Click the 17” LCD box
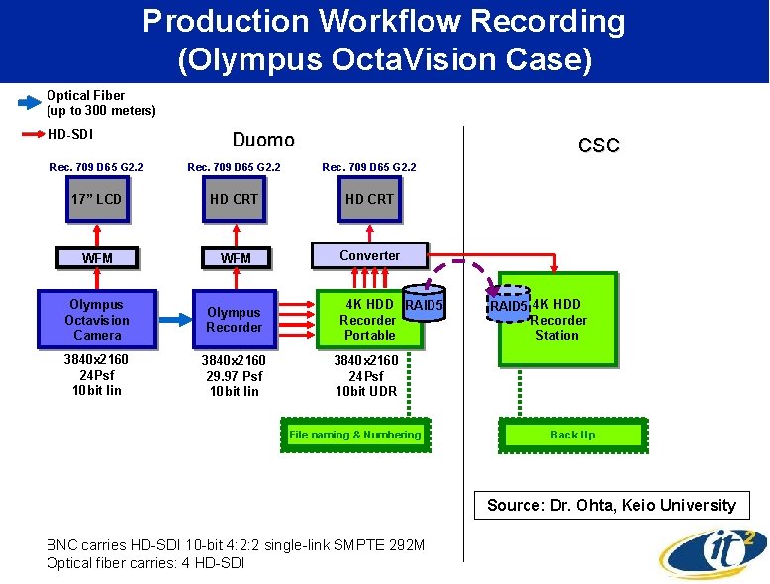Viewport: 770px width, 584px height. point(97,199)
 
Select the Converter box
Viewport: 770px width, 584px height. point(370,255)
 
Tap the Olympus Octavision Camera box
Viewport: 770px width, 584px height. point(97,320)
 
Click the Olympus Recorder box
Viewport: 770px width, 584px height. point(235,320)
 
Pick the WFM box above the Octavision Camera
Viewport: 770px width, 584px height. point(97,258)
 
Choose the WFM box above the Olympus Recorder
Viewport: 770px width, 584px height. point(235,258)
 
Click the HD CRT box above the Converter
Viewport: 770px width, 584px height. point(369,199)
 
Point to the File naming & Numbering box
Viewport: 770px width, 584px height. point(355,435)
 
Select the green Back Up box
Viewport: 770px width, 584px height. point(573,435)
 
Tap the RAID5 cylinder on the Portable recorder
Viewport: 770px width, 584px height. point(424,307)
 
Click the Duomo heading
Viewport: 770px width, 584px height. point(263,140)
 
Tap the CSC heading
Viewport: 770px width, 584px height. point(598,146)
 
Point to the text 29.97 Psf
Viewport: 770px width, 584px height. point(235,376)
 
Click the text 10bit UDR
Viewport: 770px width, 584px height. point(366,391)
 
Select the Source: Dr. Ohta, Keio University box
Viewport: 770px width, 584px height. point(612,505)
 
